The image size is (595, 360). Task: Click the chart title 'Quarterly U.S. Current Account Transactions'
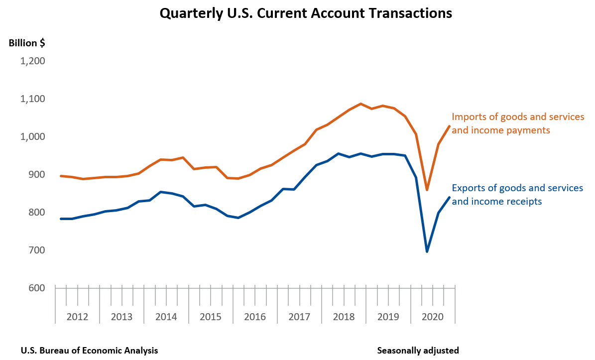(305, 13)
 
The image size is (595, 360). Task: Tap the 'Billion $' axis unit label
(27, 43)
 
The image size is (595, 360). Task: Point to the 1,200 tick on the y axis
(32, 61)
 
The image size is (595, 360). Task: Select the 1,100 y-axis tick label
(32, 99)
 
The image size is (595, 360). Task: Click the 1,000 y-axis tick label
(32, 137)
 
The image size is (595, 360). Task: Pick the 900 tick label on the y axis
(36, 175)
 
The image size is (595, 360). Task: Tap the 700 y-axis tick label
(36, 250)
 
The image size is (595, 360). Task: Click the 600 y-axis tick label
(36, 288)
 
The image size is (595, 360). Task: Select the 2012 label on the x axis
(77, 317)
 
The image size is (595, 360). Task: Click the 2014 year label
(166, 317)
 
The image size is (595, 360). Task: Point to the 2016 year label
(255, 317)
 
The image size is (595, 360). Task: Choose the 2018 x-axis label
(344, 317)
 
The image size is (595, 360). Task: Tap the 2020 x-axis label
(433, 317)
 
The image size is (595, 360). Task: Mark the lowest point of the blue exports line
(427, 251)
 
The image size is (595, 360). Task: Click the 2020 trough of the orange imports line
(427, 190)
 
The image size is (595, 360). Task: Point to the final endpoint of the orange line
(449, 126)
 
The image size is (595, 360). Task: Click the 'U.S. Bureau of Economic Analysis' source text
(89, 351)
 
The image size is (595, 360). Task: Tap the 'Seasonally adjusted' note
(418, 351)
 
